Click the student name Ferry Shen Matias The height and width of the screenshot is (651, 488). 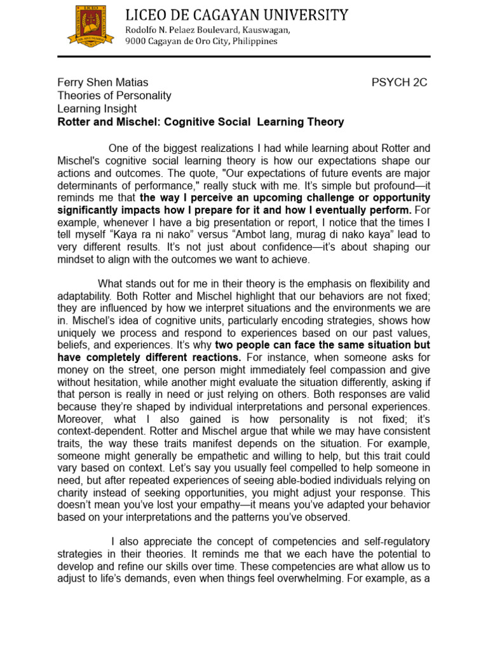pos(103,82)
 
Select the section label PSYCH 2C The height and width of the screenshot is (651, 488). pos(399,82)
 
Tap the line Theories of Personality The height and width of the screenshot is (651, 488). pos(114,95)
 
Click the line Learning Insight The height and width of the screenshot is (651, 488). pos(97,109)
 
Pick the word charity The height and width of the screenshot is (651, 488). pos(75,490)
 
